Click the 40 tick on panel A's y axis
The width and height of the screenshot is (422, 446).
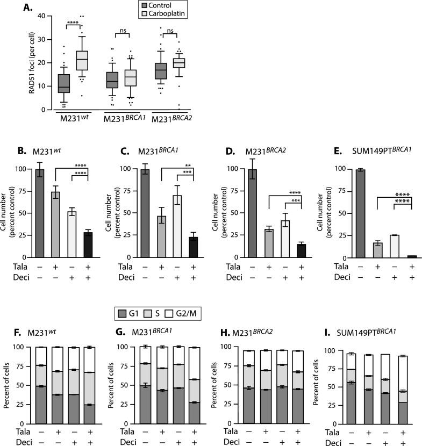[44, 16]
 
